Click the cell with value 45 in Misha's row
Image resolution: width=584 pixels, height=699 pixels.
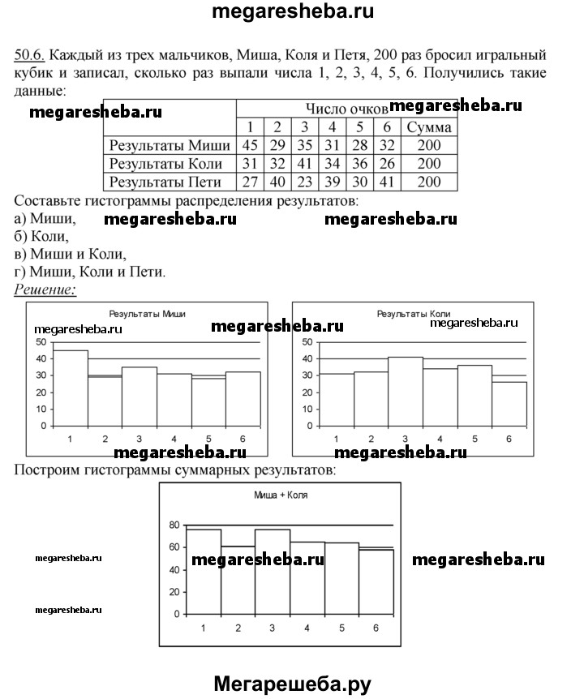(x=247, y=145)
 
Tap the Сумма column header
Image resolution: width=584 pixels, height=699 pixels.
(x=429, y=127)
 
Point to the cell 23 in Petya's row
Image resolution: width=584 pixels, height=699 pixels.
(x=304, y=182)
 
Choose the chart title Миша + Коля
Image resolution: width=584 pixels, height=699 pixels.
(x=280, y=495)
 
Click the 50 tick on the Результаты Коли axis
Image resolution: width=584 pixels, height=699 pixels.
(x=307, y=342)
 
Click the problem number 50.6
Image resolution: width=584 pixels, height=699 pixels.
(x=29, y=56)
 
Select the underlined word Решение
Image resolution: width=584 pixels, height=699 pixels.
(x=45, y=289)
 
